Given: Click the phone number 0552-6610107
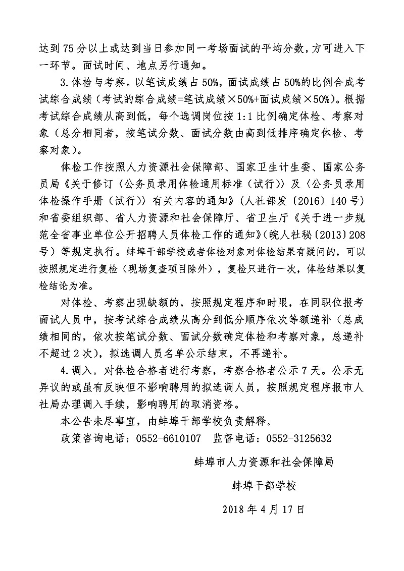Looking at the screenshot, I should (x=168, y=437).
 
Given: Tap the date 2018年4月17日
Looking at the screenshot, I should (x=264, y=510).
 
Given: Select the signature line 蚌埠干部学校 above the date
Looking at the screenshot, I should (x=264, y=486).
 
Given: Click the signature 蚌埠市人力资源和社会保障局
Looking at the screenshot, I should (x=264, y=462).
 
